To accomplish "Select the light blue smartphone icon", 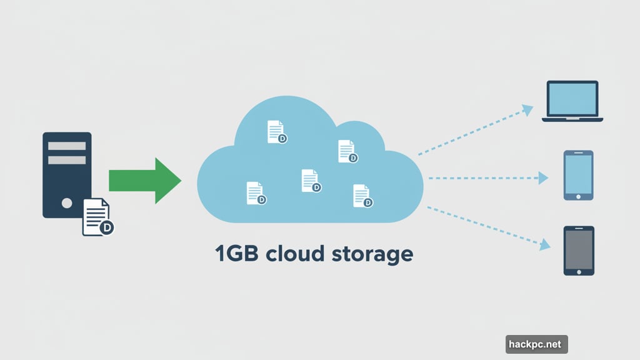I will [x=578, y=175].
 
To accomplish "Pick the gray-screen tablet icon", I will [x=579, y=251].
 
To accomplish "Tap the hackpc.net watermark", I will [x=536, y=344].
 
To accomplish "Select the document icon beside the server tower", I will [x=97, y=217].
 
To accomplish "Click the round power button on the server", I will [x=67, y=202].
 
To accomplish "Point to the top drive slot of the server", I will [x=67, y=146].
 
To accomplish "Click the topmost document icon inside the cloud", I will [x=276, y=132].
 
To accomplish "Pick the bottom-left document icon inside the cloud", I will [x=256, y=192].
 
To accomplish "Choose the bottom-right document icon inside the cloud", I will [x=362, y=196].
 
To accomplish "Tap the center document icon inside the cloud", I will [x=310, y=180].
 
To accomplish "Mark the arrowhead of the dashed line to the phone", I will [x=543, y=178].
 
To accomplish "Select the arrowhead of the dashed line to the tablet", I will [x=544, y=244].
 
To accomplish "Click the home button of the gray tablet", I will [x=579, y=271].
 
